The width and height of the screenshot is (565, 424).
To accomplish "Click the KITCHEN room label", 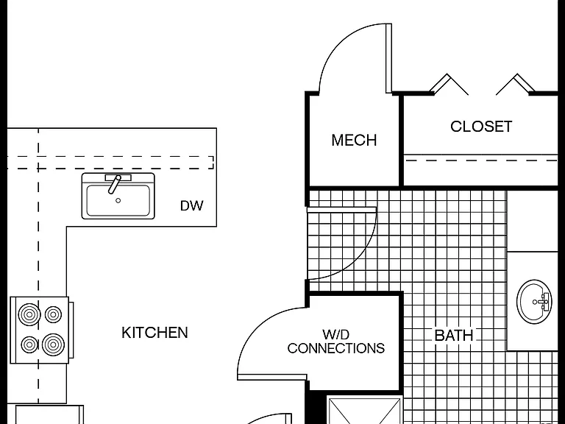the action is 154,333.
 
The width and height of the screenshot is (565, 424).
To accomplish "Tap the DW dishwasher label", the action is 191,205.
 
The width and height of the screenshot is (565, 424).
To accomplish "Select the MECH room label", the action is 354,140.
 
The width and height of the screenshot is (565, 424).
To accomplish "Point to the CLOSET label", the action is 481,126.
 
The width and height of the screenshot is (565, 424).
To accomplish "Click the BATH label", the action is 454,336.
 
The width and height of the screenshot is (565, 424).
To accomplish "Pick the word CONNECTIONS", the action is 335,348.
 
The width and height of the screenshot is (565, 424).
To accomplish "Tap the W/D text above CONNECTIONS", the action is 335,334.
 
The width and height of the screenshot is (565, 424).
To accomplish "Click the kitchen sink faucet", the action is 116,184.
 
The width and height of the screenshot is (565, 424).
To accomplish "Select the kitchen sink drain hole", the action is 118,200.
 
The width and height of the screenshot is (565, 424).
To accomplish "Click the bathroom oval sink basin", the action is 534,302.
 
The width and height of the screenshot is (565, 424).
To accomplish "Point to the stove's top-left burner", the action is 29,314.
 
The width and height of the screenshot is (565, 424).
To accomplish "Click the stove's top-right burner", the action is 53,314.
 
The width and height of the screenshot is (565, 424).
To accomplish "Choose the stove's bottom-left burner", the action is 29,344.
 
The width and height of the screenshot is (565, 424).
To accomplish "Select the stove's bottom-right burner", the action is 53,344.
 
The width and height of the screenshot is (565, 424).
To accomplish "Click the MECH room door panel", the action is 388,58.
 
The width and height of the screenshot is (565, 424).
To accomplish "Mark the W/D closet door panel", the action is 272,377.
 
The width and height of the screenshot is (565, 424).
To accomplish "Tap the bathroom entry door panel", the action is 341,210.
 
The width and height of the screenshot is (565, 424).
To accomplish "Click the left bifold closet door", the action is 449,85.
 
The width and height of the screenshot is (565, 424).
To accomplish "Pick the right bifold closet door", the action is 515,85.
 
